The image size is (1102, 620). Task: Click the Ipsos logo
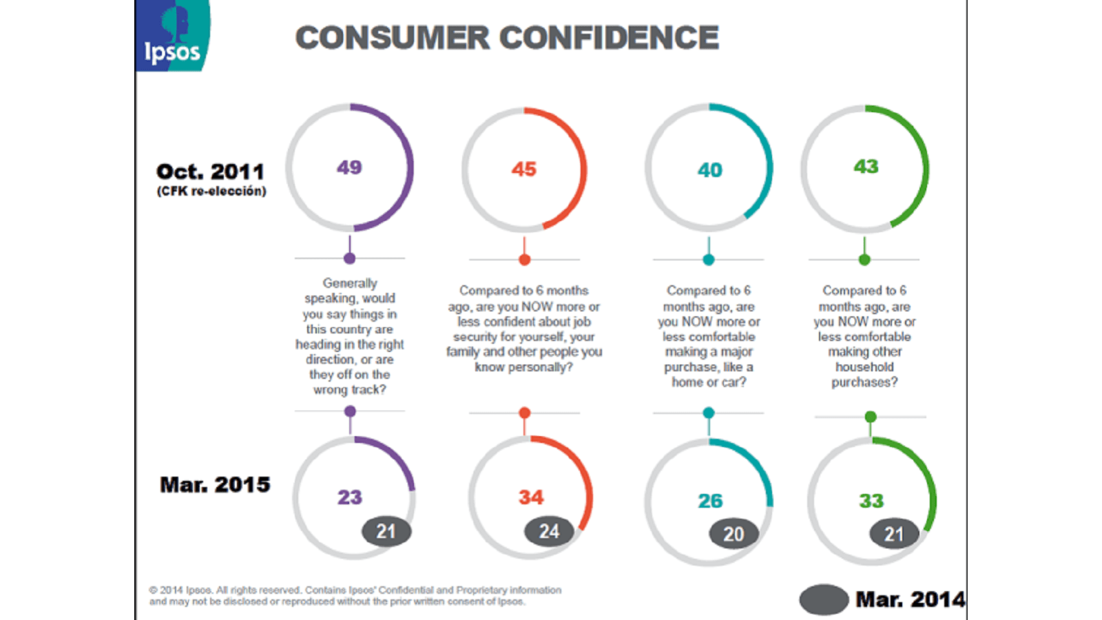[172, 36]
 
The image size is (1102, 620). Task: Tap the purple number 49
[349, 167]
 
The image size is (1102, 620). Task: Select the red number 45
[523, 169]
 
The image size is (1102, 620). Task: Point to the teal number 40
[709, 170]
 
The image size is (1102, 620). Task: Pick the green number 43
[866, 167]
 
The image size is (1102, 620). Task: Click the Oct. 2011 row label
[210, 172]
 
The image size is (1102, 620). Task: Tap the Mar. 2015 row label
[215, 485]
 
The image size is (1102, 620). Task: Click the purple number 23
[349, 497]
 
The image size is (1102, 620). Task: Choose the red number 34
[531, 497]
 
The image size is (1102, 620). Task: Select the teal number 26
[710, 501]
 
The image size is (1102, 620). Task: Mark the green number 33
[871, 501]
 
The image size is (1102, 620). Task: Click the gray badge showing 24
[549, 531]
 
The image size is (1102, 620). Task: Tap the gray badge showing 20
[734, 534]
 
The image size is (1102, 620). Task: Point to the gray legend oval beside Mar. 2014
[824, 599]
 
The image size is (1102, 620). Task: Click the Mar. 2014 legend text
[910, 599]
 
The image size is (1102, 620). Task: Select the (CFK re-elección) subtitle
[211, 192]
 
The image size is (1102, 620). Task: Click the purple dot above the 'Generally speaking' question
[350, 258]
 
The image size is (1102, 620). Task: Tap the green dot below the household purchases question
[871, 417]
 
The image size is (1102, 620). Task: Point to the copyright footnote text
[355, 596]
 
